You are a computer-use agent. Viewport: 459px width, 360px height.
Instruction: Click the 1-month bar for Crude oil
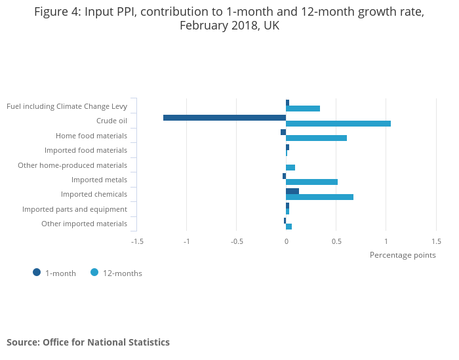coord(224,118)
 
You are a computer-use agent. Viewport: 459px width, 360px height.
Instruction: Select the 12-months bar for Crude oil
coord(338,124)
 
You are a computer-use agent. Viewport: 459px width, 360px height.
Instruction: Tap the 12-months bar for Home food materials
coord(316,138)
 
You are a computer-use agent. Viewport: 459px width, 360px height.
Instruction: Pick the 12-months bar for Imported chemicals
coord(319,197)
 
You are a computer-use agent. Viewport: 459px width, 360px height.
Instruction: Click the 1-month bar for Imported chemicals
coord(292,191)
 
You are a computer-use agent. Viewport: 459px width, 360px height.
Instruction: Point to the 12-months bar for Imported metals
coord(311,182)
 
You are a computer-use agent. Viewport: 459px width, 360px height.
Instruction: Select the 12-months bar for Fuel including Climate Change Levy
coord(303,109)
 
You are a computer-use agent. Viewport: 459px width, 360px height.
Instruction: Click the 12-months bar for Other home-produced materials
coord(290,168)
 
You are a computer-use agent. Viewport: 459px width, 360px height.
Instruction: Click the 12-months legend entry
coord(116,273)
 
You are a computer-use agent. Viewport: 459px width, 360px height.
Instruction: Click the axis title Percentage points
coord(403,255)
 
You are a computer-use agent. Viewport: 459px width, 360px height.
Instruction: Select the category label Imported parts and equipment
coord(75,209)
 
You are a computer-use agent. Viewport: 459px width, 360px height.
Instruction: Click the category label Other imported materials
coord(84,224)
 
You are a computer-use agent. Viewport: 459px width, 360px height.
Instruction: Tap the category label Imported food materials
coord(86,150)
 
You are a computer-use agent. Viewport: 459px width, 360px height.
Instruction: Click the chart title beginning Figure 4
coord(229,19)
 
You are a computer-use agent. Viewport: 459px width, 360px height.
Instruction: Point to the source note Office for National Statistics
coord(88,342)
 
